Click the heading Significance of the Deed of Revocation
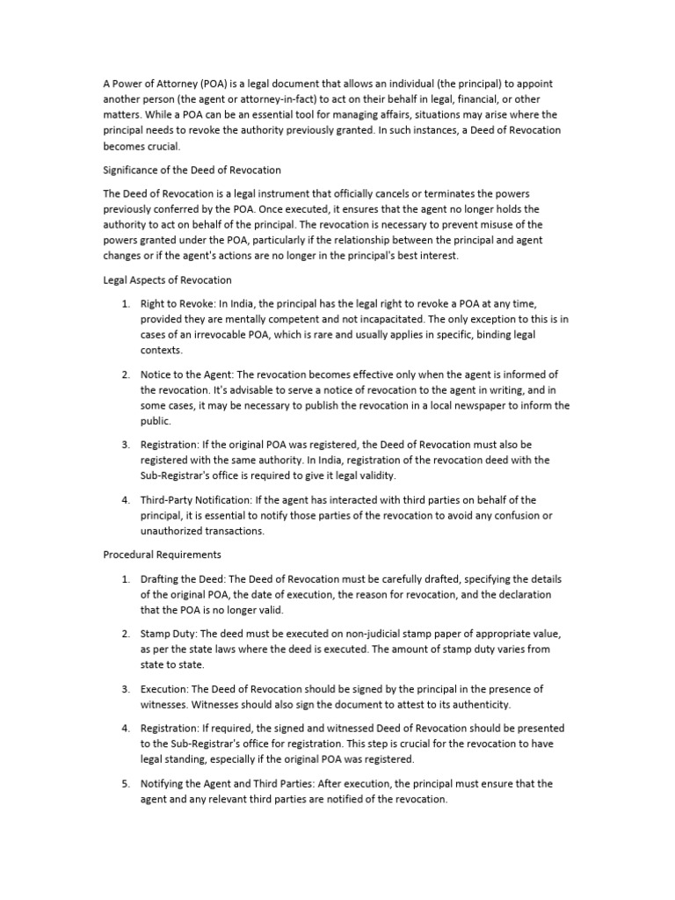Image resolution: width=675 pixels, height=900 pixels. [x=192, y=170]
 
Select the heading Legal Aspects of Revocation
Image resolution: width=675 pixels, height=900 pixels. [x=167, y=279]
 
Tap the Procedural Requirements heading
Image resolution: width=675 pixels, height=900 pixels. [x=162, y=555]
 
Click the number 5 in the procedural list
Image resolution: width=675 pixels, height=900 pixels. [x=125, y=783]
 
